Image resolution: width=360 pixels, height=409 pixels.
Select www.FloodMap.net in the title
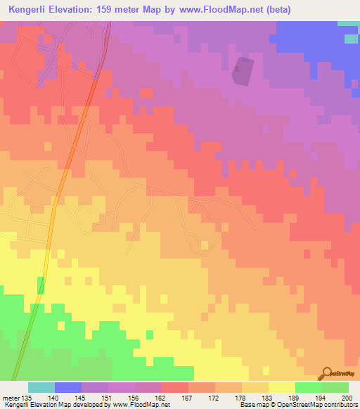pos(215,10)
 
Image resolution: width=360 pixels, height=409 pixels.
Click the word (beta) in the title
pos(276,10)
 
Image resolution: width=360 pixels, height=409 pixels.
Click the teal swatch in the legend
pos(41,387)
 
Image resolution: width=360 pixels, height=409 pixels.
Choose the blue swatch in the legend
pos(67,387)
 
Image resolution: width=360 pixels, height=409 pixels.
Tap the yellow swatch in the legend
pos(281,387)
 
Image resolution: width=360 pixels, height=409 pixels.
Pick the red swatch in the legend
pos(174,387)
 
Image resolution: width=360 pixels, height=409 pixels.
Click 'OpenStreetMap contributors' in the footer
pos(322,405)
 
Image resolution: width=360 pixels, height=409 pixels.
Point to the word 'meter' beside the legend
pos(11,397)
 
